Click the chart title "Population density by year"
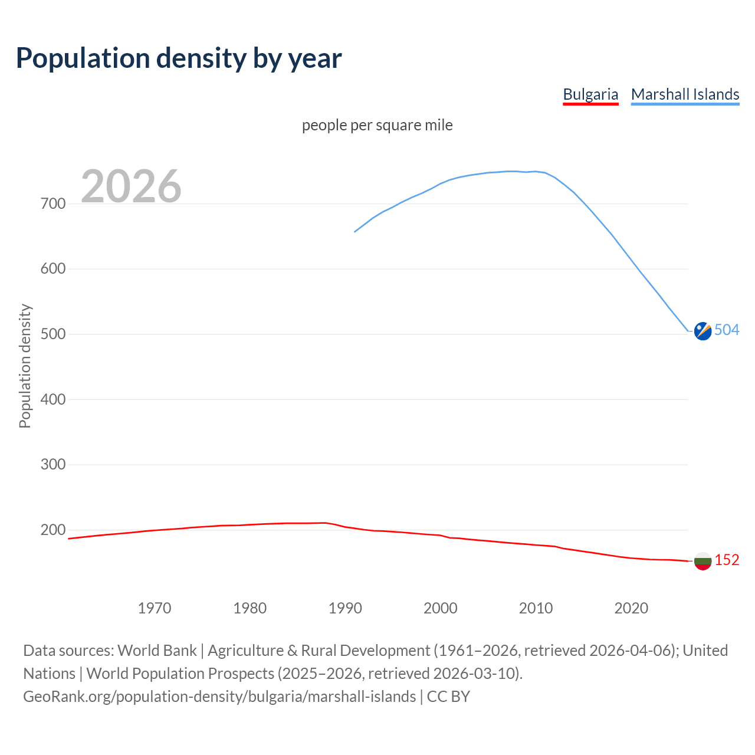(179, 58)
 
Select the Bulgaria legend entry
(590, 94)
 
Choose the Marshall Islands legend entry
(685, 94)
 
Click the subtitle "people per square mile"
(377, 126)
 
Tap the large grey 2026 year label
(131, 186)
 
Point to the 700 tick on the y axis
(53, 204)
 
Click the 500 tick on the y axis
(53, 334)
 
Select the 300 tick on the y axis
(53, 465)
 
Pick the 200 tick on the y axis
(53, 530)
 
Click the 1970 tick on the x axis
(155, 608)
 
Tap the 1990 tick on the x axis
(345, 608)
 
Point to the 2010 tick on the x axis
(536, 608)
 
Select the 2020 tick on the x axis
(631, 608)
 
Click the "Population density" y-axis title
(25, 366)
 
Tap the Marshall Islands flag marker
(703, 331)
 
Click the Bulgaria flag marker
(703, 561)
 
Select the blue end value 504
(727, 330)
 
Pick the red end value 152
(727, 560)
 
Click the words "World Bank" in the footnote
(157, 651)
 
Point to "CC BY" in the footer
(448, 697)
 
